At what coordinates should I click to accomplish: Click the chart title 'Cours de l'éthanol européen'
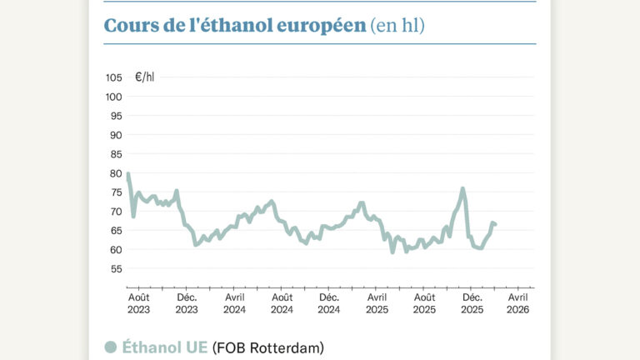[x=235, y=25]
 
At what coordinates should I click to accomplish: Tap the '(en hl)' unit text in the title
[x=397, y=25]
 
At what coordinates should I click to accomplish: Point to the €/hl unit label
[x=144, y=77]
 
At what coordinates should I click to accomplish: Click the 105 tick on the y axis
[x=113, y=77]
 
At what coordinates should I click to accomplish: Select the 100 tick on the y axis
[x=113, y=97]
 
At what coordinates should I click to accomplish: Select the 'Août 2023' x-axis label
[x=139, y=303]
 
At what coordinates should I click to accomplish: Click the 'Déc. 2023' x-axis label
[x=187, y=303]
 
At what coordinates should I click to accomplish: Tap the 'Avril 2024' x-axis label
[x=234, y=303]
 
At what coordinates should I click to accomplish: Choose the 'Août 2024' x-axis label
[x=282, y=303]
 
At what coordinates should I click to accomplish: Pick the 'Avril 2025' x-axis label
[x=377, y=303]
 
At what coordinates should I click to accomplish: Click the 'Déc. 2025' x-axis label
[x=472, y=303]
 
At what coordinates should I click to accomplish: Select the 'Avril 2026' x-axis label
[x=518, y=303]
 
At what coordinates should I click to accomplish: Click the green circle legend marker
[x=110, y=347]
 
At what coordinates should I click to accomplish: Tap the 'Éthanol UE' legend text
[x=165, y=347]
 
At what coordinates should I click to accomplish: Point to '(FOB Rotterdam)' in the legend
[x=267, y=347]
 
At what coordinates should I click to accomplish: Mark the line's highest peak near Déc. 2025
[x=462, y=188]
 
